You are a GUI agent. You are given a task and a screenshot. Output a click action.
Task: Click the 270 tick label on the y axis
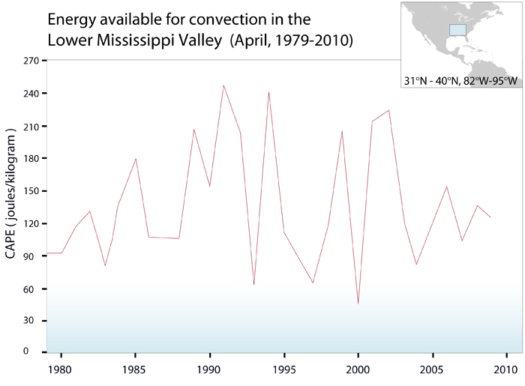[x=29, y=61]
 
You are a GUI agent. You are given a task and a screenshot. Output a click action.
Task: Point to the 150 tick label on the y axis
[x=29, y=191]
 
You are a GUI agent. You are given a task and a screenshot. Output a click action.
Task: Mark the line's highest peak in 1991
[x=223, y=85]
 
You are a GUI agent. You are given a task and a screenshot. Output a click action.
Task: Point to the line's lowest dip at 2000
[x=358, y=304]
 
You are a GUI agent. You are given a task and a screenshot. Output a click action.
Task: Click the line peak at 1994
[x=268, y=91]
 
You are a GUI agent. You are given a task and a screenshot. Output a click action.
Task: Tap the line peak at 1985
[x=136, y=158]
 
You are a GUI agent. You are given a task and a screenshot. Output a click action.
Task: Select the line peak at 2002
[x=388, y=110]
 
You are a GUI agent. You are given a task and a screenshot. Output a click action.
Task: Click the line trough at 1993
[x=253, y=285]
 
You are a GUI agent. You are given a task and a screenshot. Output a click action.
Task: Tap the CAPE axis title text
[x=11, y=194]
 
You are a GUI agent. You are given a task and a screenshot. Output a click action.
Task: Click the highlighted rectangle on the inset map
[x=457, y=29]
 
